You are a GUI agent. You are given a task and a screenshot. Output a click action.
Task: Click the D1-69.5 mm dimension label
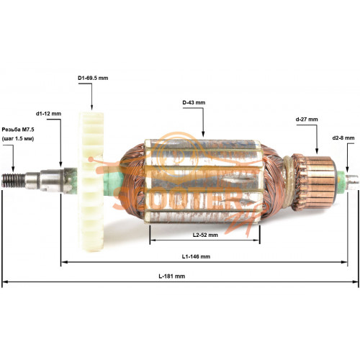93,78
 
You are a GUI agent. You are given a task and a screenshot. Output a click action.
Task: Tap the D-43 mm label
194,102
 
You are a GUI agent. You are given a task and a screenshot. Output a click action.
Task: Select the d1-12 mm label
48,114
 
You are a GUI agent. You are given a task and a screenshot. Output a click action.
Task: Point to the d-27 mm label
307,120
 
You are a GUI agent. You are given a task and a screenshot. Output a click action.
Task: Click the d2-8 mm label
343,138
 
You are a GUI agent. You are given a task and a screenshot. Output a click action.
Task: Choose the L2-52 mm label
205,235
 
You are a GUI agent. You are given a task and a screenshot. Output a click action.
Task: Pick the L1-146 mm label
196,256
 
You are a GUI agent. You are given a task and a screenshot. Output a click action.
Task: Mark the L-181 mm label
172,276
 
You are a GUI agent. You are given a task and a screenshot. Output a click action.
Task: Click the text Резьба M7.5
18,130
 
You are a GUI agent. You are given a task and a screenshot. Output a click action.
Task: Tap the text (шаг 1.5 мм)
18,139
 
